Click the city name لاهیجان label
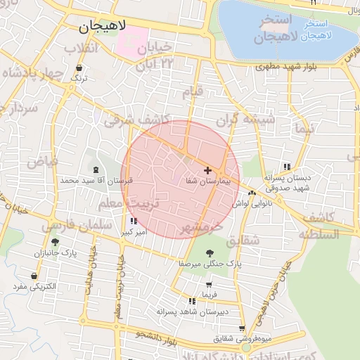(103, 27)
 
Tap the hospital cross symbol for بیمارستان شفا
(207, 170)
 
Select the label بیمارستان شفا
(208, 181)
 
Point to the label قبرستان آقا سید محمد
(96, 181)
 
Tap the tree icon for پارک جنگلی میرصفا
(210, 252)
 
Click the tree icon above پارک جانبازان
(55, 242)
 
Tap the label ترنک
(79, 79)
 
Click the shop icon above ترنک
(79, 69)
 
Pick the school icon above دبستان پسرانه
(286, 167)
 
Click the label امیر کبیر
(134, 231)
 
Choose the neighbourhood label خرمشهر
(201, 229)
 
